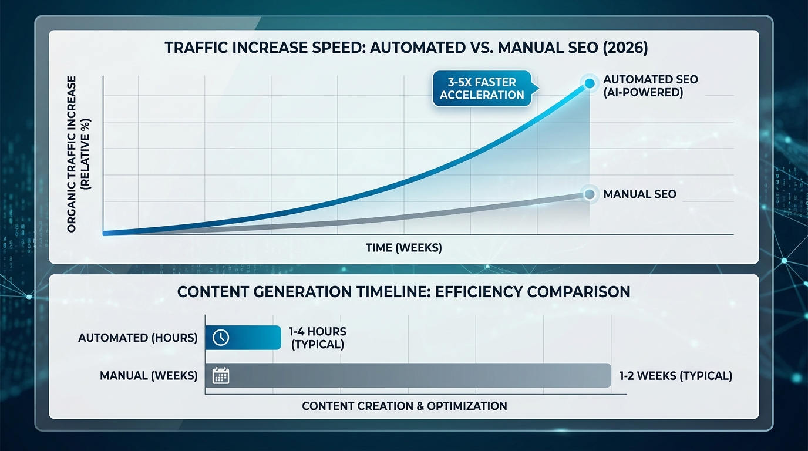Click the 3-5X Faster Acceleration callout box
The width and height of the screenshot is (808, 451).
482,89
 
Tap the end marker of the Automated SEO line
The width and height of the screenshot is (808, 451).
589,83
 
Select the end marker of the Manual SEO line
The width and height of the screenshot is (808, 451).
589,194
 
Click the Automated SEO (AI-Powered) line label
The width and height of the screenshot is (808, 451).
642,86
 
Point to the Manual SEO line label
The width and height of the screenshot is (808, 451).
639,194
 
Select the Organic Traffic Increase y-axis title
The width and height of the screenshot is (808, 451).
78,154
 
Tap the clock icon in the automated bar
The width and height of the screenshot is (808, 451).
220,337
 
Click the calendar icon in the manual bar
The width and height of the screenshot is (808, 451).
220,375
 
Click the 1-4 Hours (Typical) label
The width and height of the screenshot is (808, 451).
317,338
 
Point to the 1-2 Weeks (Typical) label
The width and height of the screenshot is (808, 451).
675,376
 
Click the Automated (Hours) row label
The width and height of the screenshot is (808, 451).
137,338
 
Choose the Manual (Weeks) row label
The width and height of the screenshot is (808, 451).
149,375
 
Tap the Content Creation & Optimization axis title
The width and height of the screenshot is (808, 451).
404,406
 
